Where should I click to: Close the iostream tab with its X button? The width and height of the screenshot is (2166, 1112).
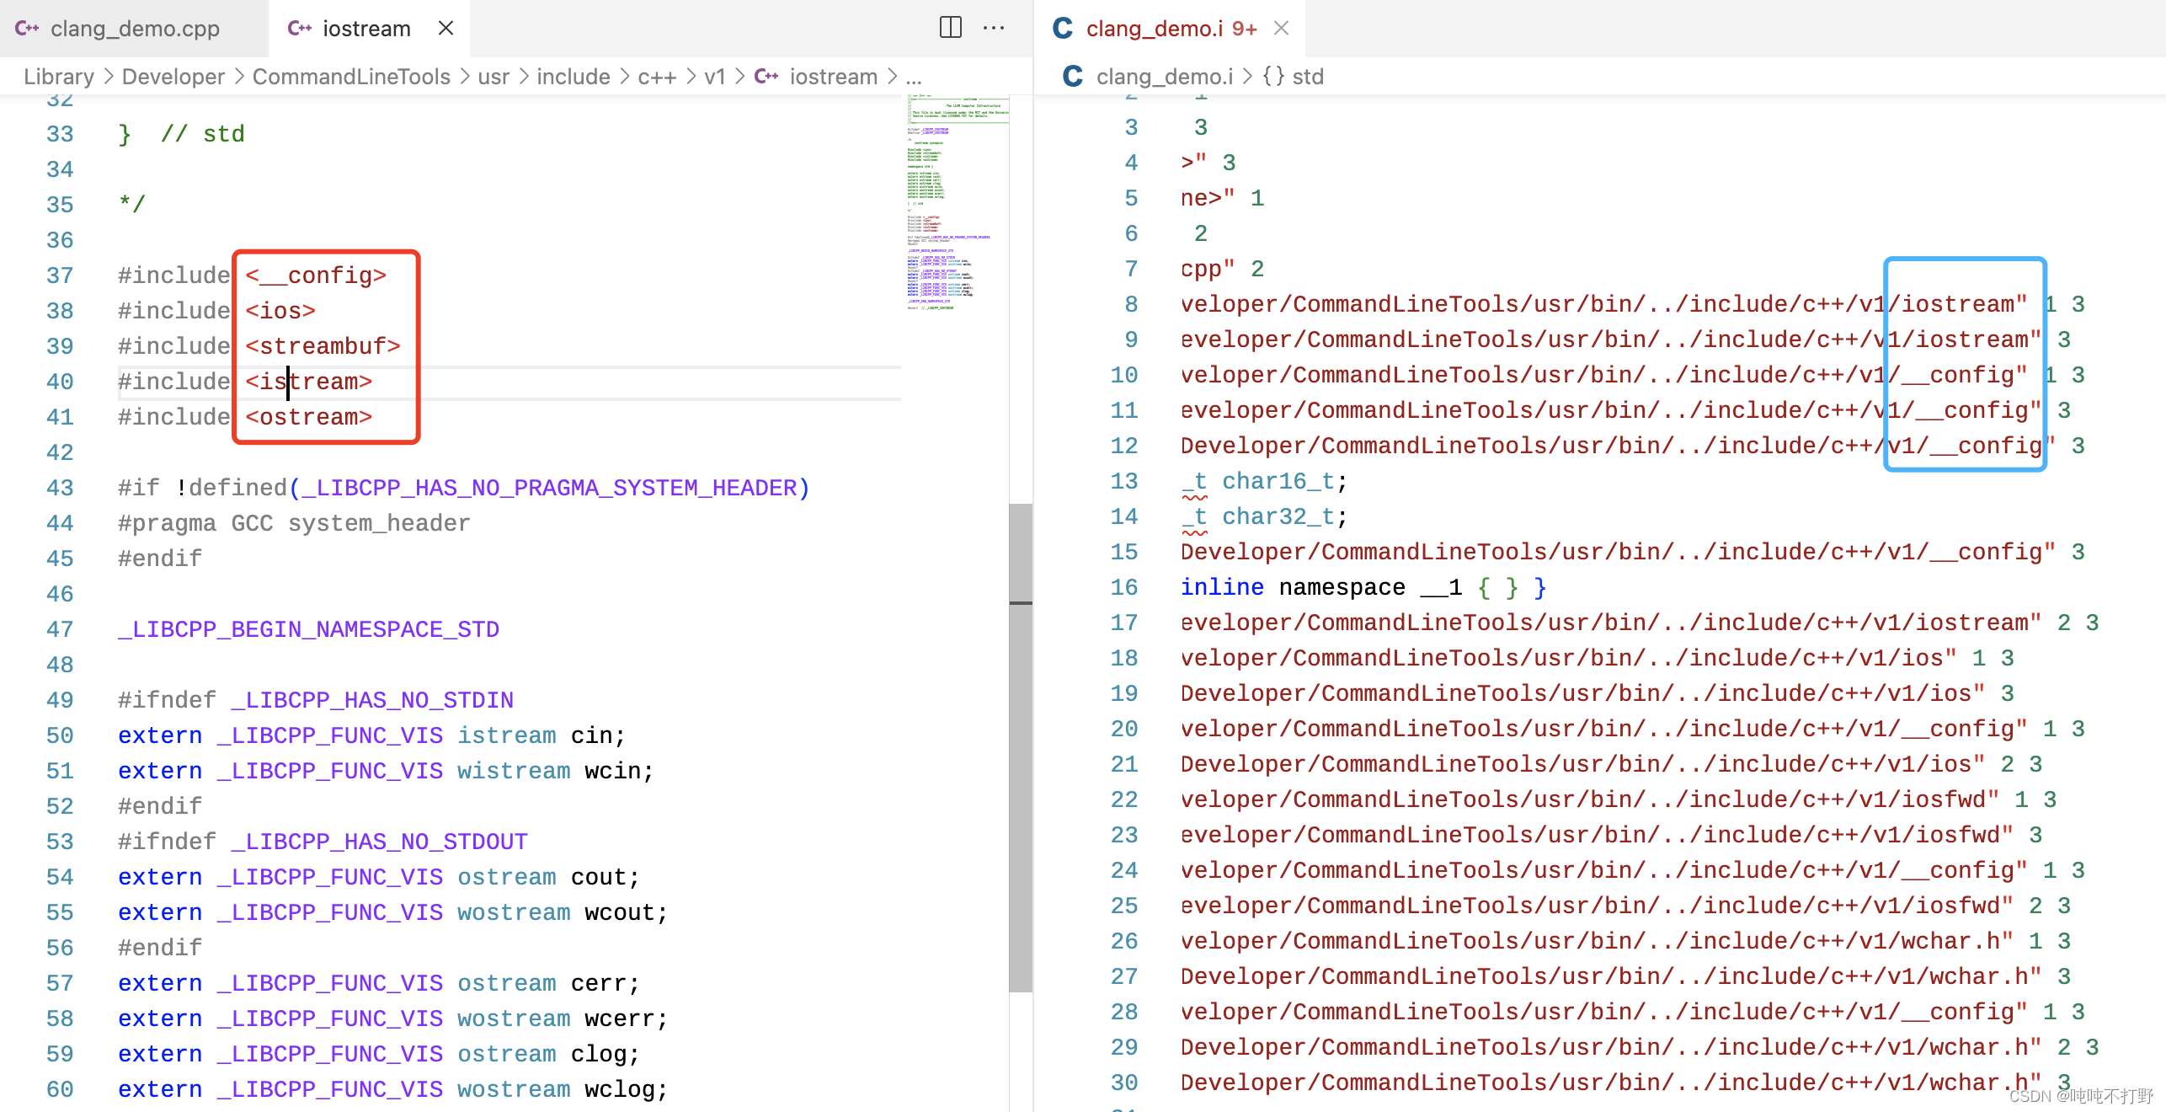coord(446,29)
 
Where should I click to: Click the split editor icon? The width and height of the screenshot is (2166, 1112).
coord(950,28)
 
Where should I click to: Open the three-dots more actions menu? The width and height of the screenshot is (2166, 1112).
coord(994,28)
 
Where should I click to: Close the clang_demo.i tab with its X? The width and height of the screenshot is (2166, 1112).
coord(1281,29)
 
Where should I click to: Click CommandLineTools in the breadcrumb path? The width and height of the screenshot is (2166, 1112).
coord(351,77)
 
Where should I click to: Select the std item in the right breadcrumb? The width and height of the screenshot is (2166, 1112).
coord(1307,77)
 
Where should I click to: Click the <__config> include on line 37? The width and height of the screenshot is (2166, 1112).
coord(316,275)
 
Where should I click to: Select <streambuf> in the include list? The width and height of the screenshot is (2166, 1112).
coord(323,346)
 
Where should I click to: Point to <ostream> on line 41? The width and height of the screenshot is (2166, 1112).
coord(309,417)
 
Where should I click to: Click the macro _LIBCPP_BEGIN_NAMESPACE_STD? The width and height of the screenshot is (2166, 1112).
coord(308,629)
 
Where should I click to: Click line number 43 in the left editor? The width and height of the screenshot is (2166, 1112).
coord(60,488)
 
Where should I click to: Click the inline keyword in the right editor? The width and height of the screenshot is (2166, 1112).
coord(1221,587)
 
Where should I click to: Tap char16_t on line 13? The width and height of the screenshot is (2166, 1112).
coord(1278,481)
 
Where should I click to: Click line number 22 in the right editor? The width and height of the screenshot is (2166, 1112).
coord(1123,799)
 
